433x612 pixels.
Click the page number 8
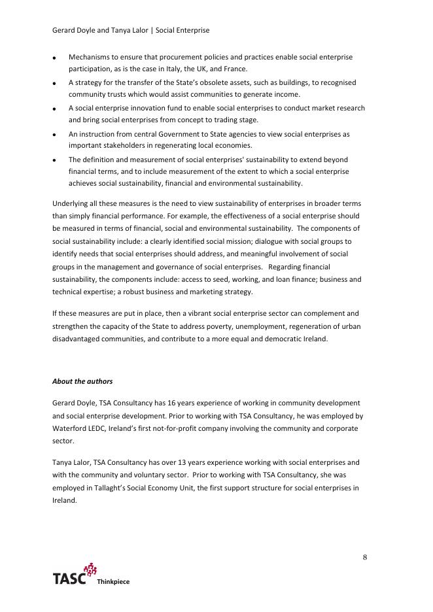click(x=364, y=557)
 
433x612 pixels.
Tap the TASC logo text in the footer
click(x=69, y=579)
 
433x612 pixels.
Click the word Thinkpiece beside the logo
click(x=113, y=582)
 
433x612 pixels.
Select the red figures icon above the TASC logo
click(x=90, y=569)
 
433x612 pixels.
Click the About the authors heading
click(x=82, y=381)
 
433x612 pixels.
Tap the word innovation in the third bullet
click(x=144, y=109)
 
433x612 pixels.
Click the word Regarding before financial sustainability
click(x=286, y=267)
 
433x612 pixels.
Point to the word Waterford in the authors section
click(x=69, y=428)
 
